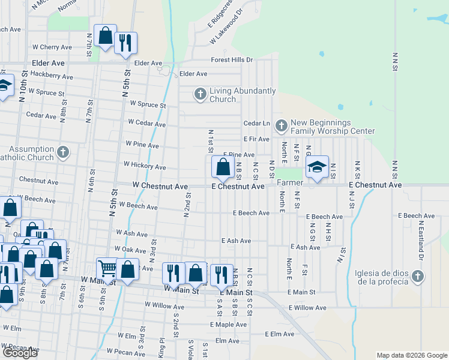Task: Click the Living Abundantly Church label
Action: tap(243, 95)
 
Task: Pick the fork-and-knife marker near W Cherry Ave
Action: tap(125, 43)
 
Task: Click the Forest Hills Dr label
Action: tap(232, 60)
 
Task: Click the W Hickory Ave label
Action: tap(144, 164)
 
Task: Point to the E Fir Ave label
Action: tap(256, 139)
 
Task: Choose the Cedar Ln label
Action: tap(256, 123)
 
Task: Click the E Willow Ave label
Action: tap(307, 308)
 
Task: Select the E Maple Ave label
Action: tap(229, 325)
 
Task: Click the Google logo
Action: tap(20, 353)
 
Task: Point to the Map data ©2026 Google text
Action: tap(412, 355)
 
